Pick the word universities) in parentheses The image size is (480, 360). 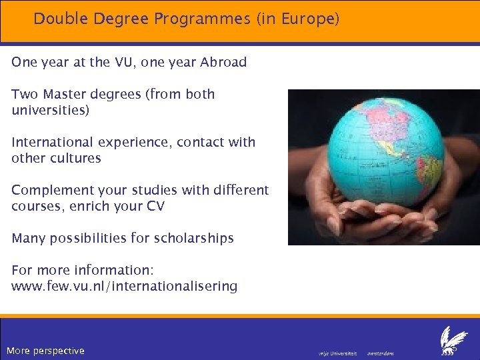pos(50,111)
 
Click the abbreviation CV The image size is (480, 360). pos(155,207)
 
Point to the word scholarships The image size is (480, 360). pos(193,239)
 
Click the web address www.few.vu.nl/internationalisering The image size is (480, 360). pos(124,287)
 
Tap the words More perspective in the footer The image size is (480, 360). pos(45,351)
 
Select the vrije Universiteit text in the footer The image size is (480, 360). pos(337,353)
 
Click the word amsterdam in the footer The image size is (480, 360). pos(381,353)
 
